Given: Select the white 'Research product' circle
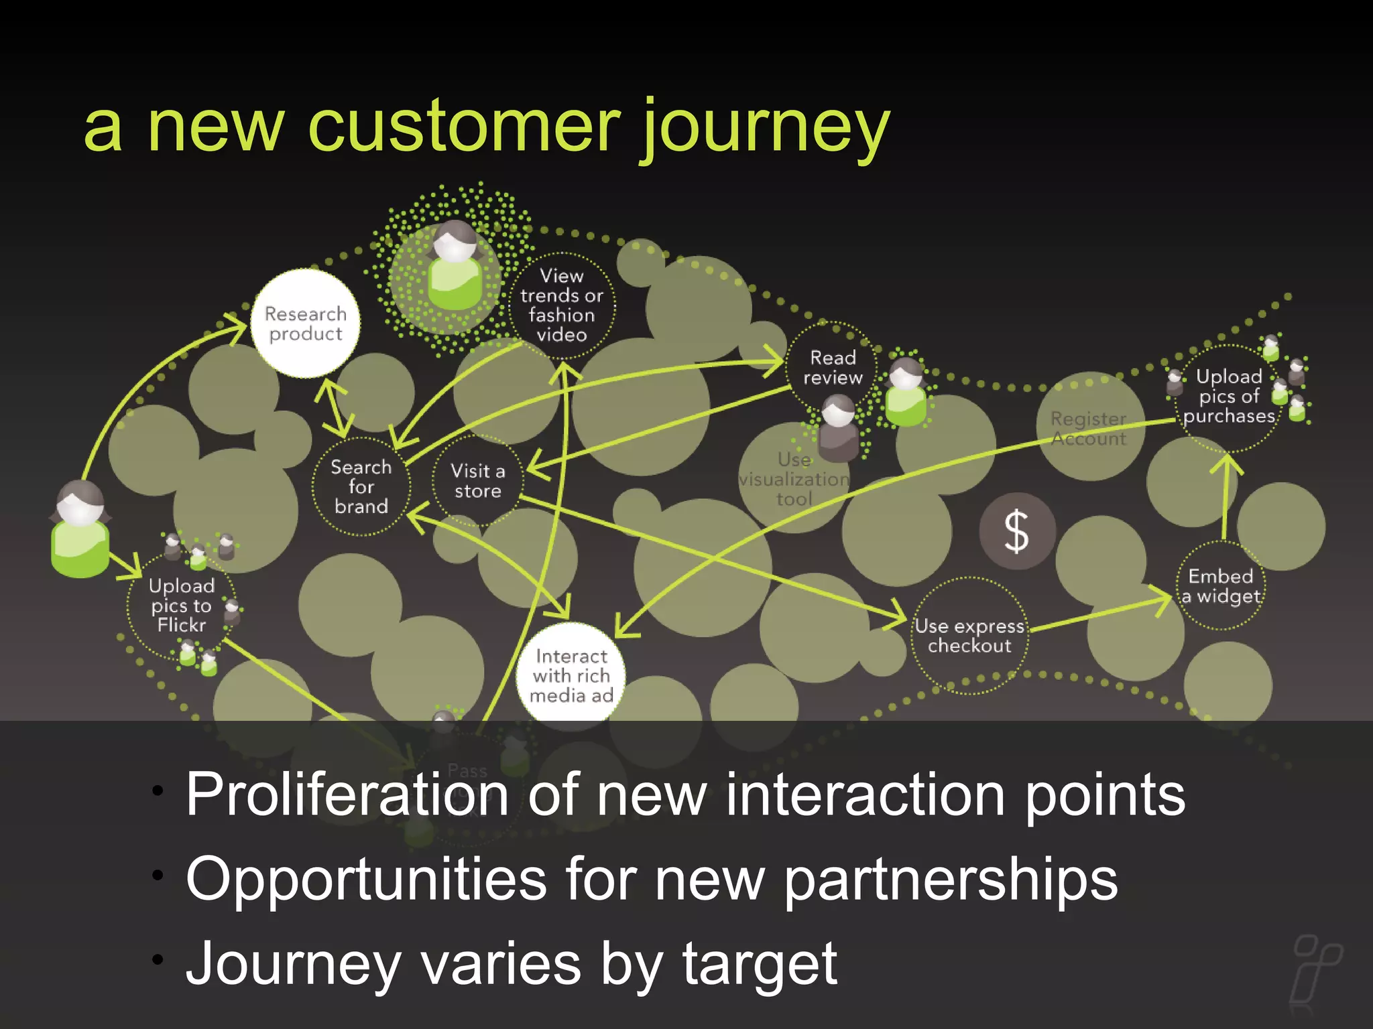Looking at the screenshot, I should pos(306,324).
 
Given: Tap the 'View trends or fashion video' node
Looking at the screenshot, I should pos(562,305).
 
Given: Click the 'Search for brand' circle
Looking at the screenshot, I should pos(361,487).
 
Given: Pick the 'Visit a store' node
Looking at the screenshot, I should pos(477,481).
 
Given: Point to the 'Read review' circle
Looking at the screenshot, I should pos(832,368).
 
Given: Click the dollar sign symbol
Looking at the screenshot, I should pos(1016,531).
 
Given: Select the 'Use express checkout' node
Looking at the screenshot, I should pos(969,636).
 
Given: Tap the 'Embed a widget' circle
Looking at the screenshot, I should pos(1221,586).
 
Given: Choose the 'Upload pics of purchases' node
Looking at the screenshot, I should pos(1228,397).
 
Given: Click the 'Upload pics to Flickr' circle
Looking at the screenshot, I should pos(181,606).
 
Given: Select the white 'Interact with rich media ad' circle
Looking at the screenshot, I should pos(571,675).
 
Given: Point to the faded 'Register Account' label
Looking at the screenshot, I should pos(1089,429).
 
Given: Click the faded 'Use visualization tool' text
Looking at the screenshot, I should pos(794,480).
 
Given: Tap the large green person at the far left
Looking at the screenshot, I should pos(80,529).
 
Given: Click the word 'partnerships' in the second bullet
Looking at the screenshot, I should pos(951,879).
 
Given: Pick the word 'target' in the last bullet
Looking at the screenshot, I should pos(759,963).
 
